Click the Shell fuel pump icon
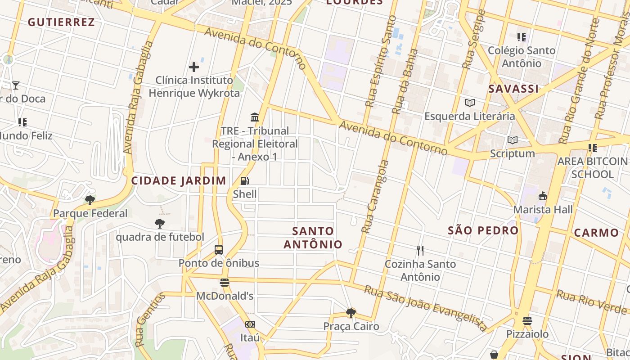pyautogui.click(x=244, y=181)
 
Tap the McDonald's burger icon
pyautogui.click(x=225, y=283)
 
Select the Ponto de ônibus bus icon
pyautogui.click(x=219, y=250)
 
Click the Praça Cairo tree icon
pyautogui.click(x=351, y=313)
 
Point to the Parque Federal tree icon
pyautogui.click(x=90, y=200)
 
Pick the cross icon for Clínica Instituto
pyautogui.click(x=194, y=67)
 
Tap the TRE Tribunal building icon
pyautogui.click(x=255, y=117)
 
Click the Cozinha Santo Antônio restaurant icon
pyautogui.click(x=420, y=251)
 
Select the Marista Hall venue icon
pyautogui.click(x=543, y=196)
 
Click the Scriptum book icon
pyautogui.click(x=512, y=140)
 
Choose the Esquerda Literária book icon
pyautogui.click(x=470, y=103)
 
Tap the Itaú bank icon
pyautogui.click(x=250, y=324)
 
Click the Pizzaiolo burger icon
pyautogui.click(x=527, y=321)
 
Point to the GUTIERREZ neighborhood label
pyautogui.click(x=61, y=22)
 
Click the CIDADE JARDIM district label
pyautogui.click(x=179, y=181)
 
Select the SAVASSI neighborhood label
pyautogui.click(x=513, y=89)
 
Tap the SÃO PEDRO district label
pyautogui.click(x=483, y=230)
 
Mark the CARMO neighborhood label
pyautogui.click(x=596, y=233)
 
